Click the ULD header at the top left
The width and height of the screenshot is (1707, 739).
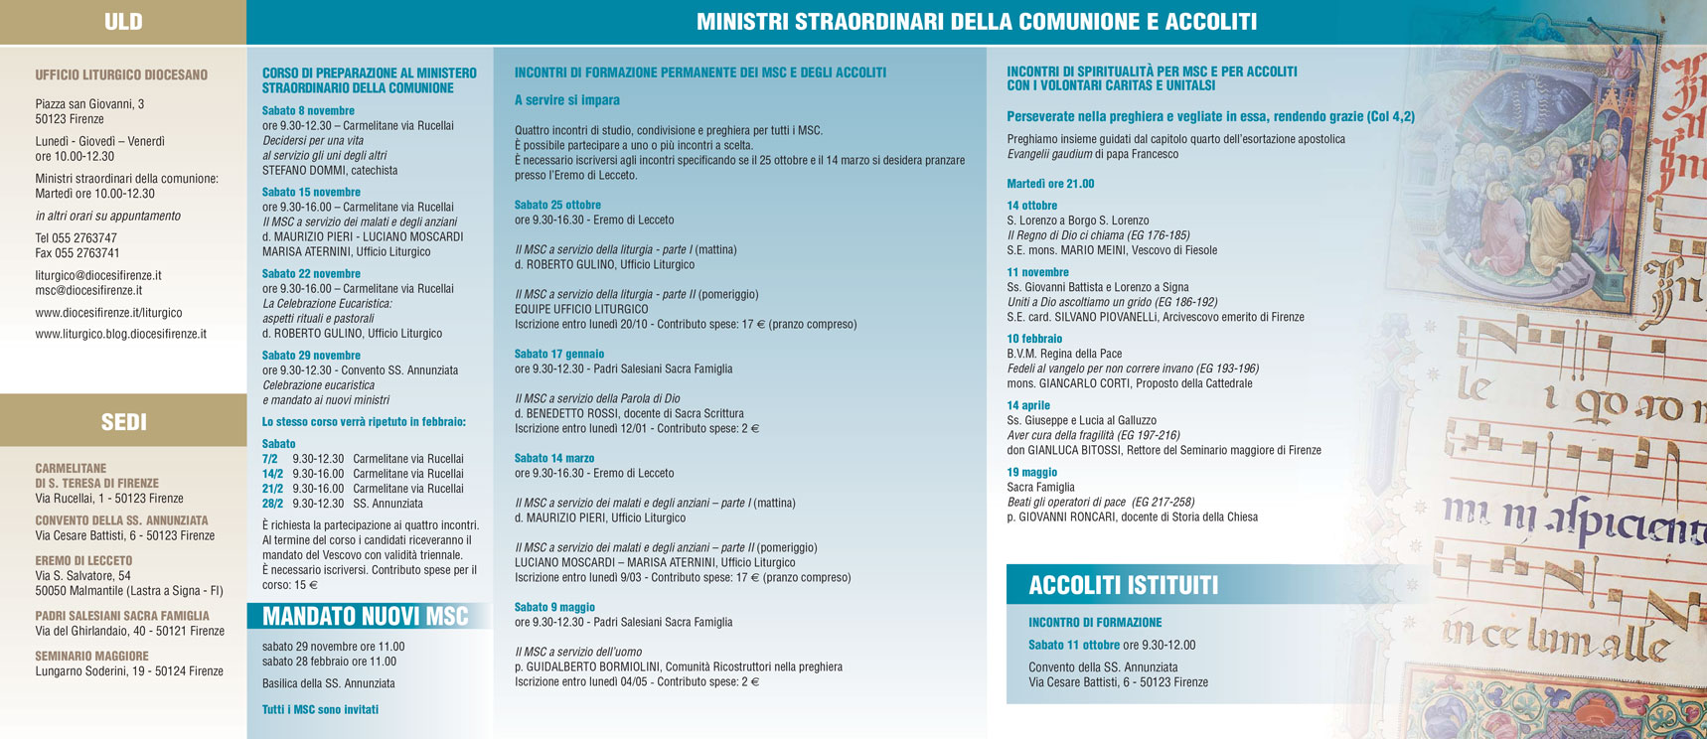(123, 22)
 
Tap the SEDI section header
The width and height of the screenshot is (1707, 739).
(123, 422)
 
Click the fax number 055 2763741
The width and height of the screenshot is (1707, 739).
(78, 253)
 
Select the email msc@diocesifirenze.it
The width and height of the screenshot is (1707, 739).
(88, 290)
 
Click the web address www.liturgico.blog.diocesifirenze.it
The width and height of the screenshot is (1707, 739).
(120, 334)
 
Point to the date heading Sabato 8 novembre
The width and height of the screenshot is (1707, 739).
(308, 111)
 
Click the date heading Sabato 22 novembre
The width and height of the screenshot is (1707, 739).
(311, 274)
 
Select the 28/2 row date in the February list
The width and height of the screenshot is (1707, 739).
(269, 504)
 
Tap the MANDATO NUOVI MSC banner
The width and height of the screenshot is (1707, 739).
(365, 617)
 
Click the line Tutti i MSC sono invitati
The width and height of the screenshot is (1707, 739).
(320, 710)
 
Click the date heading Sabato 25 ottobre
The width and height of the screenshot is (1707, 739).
(557, 206)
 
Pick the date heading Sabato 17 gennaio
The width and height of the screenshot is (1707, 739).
(558, 355)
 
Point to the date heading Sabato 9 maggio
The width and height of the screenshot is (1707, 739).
(554, 608)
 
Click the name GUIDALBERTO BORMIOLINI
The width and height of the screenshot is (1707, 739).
(596, 667)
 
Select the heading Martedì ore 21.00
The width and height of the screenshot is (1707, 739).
(1050, 184)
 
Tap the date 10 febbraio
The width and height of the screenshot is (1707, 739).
(1034, 339)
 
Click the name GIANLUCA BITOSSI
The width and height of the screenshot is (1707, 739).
(1074, 451)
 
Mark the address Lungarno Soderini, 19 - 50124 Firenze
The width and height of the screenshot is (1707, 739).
(129, 671)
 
